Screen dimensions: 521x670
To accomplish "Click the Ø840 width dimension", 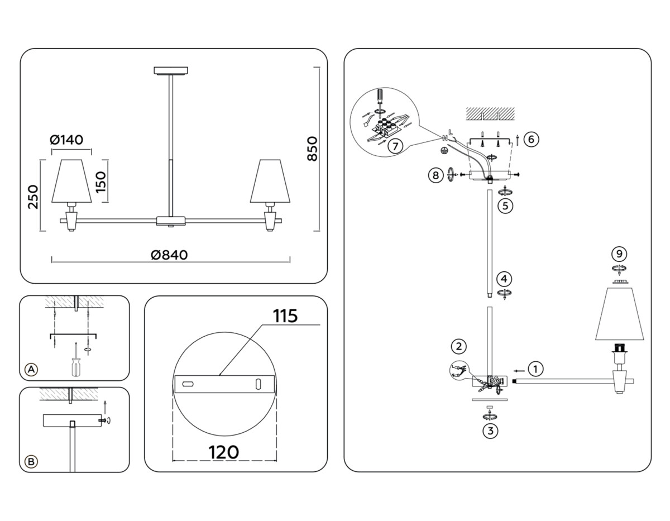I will pos(169,255).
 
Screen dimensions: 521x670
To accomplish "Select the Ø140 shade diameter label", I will pos(70,140).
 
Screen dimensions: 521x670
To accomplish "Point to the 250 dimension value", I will pos(33,197).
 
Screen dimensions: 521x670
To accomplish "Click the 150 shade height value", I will pos(101,181).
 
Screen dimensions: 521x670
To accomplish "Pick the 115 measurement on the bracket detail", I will pos(285,316).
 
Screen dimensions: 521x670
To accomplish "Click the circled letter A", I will pos(32,369).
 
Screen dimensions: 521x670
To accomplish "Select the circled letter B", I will pos(32,461).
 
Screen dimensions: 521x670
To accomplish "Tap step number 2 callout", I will pos(458,346).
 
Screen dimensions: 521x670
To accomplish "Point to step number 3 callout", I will pos(490,431).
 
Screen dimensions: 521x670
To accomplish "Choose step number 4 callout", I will pos(504,278).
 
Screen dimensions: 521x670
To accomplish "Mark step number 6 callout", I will pos(532,139).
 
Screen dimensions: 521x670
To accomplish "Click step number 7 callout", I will pos(394,146).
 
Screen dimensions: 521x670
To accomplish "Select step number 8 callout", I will pos(435,175).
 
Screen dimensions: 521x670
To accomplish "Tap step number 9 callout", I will pos(618,254).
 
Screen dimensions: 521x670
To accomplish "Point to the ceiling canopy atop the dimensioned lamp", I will pos(171,70).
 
